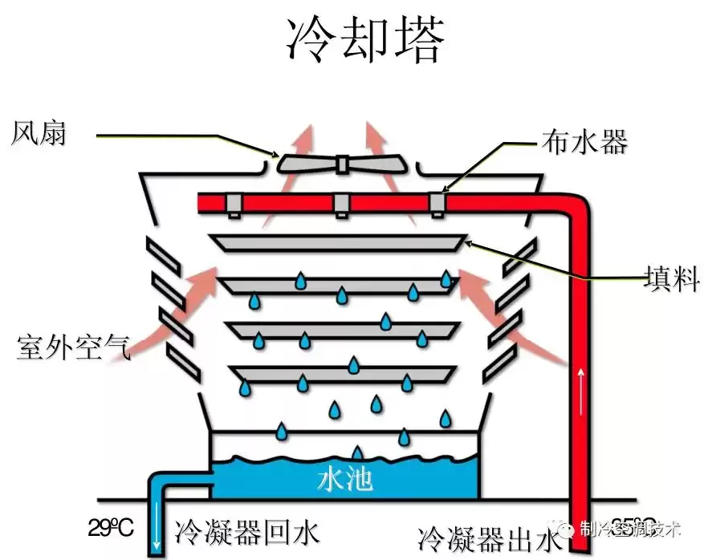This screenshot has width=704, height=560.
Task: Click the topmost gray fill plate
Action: tap(337, 241)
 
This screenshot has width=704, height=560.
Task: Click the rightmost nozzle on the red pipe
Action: tap(437, 204)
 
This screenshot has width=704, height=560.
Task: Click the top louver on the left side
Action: tap(164, 254)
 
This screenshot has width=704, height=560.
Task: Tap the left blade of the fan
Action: tap(306, 164)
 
